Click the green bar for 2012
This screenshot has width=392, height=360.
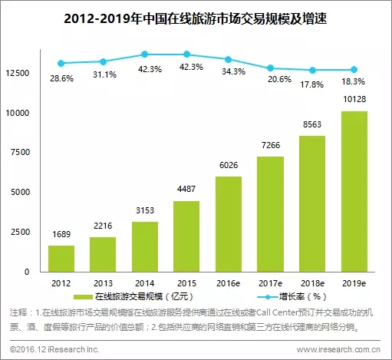pyautogui.click(x=61, y=259)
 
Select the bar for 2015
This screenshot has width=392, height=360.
pyautogui.click(x=186, y=236)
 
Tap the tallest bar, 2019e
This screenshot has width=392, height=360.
pyautogui.click(x=354, y=191)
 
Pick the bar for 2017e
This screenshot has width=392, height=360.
pyautogui.click(x=270, y=214)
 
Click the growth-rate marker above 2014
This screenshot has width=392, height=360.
pyautogui.click(x=145, y=54)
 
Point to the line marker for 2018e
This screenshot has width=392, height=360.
pyautogui.click(x=312, y=70)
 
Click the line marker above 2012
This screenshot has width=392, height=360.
pyautogui.click(x=61, y=63)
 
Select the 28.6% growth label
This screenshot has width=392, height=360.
pyautogui.click(x=61, y=78)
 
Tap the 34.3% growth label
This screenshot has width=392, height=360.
pyautogui.click(x=233, y=71)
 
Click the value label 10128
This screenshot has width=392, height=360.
pyautogui.click(x=354, y=99)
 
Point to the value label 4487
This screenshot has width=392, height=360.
pyautogui.click(x=186, y=189)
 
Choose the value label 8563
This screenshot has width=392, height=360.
pyautogui.click(x=312, y=124)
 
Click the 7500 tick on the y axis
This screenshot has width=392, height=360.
pyautogui.click(x=21, y=152)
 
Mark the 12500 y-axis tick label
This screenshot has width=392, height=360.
pyautogui.click(x=18, y=73)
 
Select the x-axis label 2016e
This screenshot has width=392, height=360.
pyautogui.click(x=229, y=283)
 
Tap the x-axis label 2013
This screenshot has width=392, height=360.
pyautogui.click(x=103, y=283)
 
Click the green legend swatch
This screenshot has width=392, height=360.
pyautogui.click(x=83, y=297)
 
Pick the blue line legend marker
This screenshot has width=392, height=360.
pyautogui.click(x=268, y=297)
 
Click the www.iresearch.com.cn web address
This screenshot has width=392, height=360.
pyautogui.click(x=338, y=349)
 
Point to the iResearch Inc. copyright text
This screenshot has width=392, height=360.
pyautogui.click(x=54, y=349)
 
